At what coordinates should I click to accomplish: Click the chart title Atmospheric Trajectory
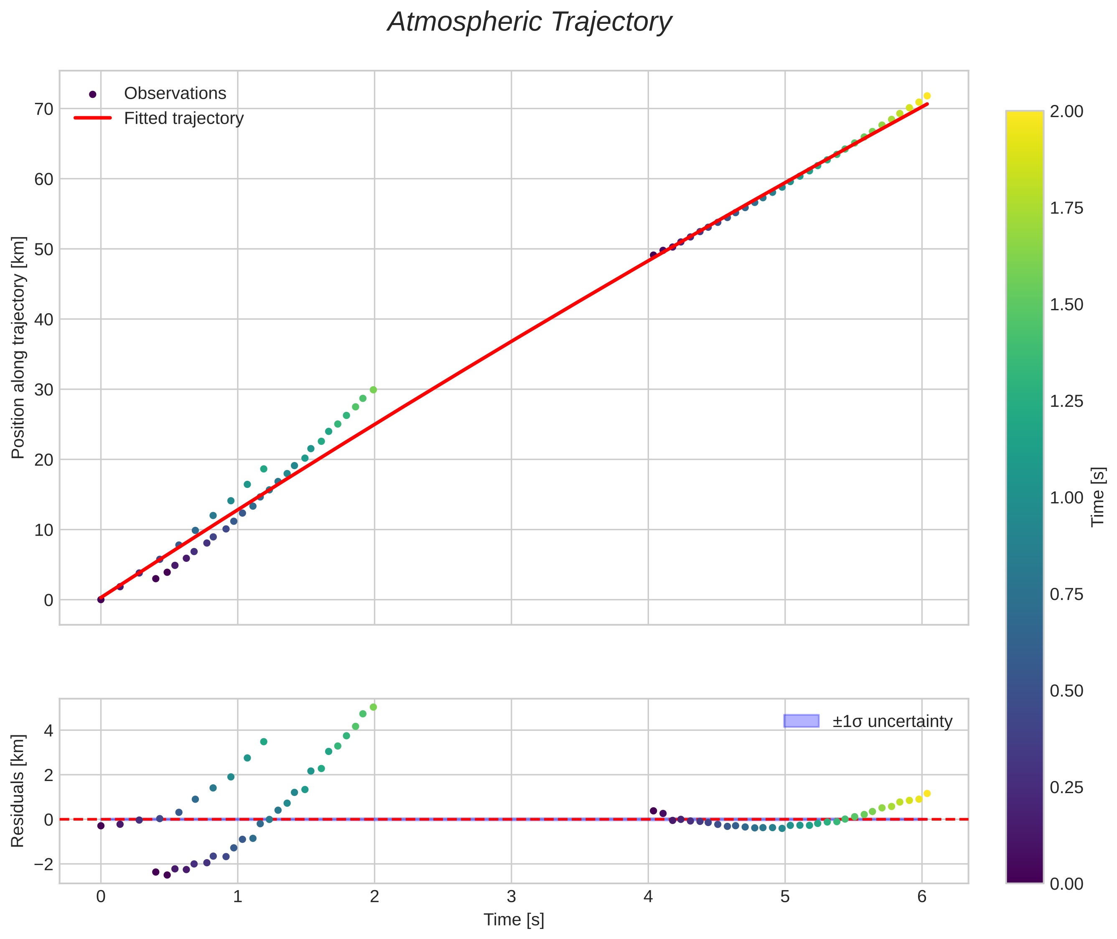(x=529, y=22)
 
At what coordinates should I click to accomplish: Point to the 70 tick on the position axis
(x=43, y=109)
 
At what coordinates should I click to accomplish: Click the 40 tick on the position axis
(x=43, y=319)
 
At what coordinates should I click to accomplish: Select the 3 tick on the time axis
(x=511, y=896)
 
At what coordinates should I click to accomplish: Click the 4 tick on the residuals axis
(x=48, y=730)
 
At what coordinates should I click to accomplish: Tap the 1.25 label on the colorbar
(x=1066, y=401)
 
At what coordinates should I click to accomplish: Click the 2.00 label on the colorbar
(x=1066, y=111)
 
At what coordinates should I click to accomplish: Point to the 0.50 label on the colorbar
(x=1066, y=691)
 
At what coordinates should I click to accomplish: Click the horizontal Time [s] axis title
(x=514, y=920)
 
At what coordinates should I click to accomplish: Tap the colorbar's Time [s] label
(x=1097, y=497)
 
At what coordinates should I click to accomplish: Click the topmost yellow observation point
(x=926, y=96)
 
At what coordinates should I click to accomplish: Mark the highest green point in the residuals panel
(x=373, y=707)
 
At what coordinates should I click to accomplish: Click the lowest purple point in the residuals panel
(x=167, y=875)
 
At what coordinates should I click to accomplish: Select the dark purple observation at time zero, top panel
(x=101, y=600)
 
